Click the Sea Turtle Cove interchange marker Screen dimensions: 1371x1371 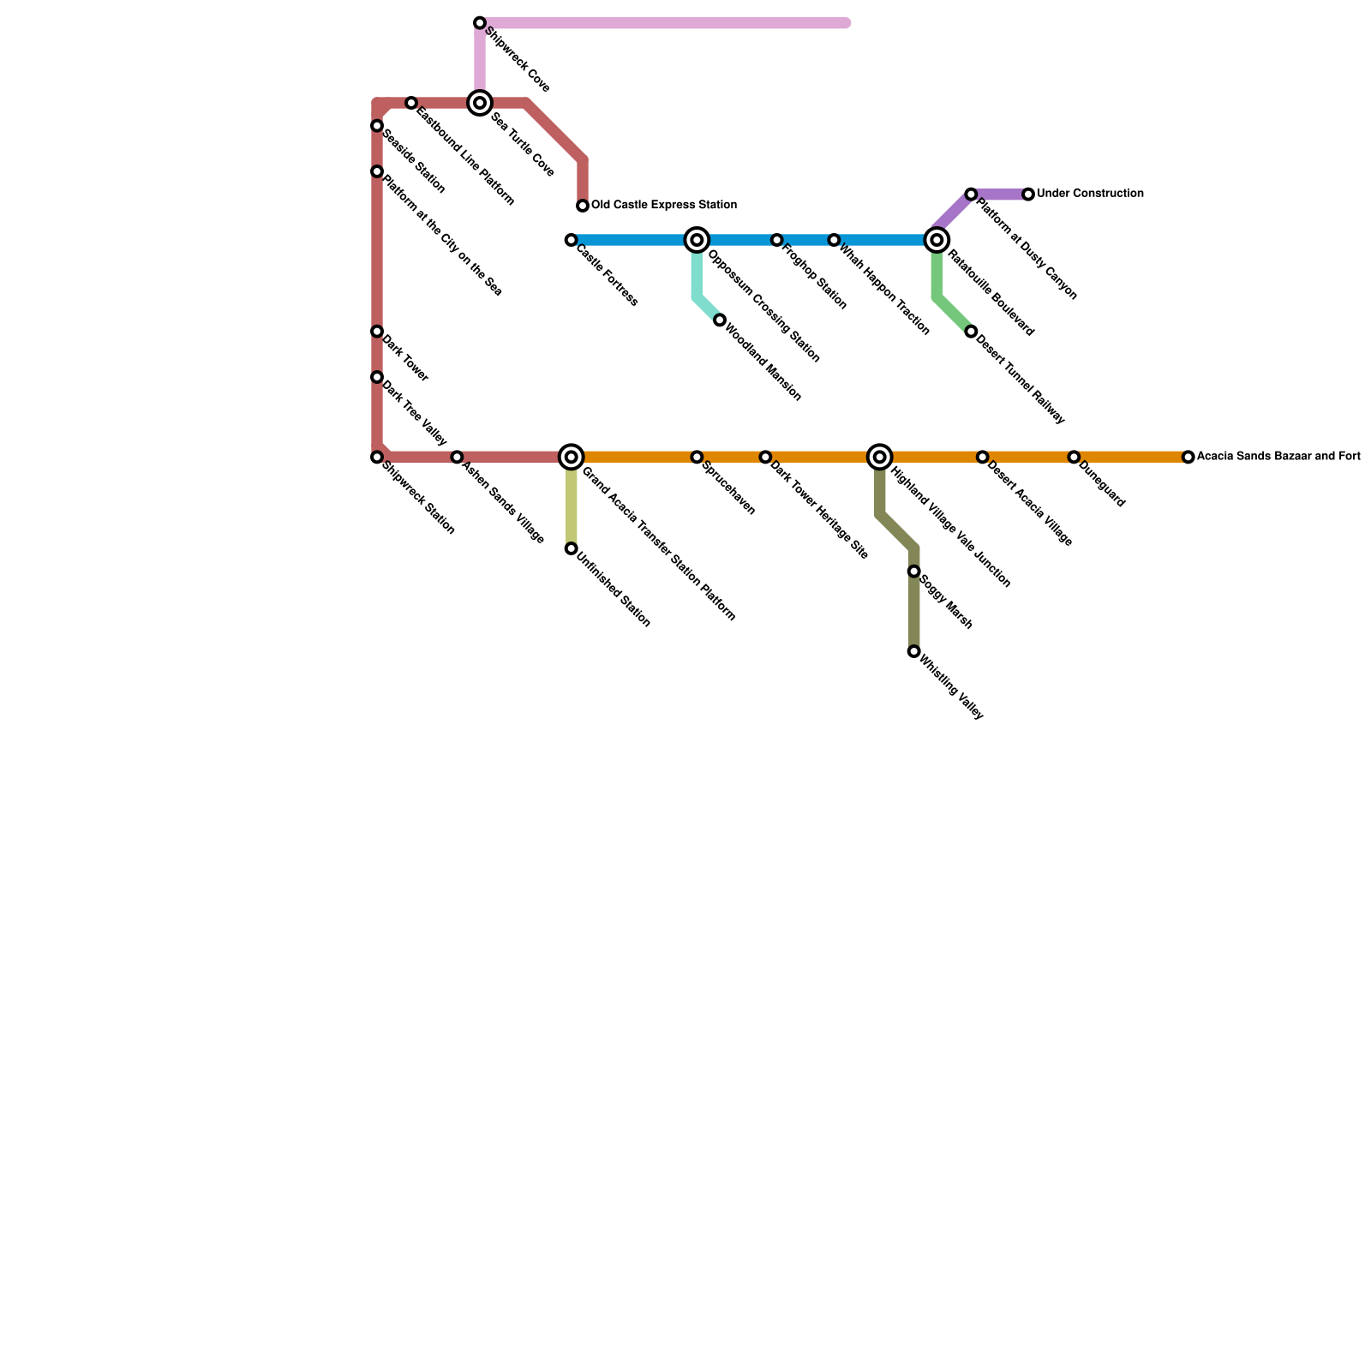[x=480, y=104]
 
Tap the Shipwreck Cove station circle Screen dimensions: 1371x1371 [x=480, y=23]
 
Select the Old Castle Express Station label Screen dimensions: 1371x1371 [x=663, y=206]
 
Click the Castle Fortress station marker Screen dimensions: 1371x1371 [x=571, y=241]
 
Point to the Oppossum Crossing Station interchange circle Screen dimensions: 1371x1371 [x=697, y=241]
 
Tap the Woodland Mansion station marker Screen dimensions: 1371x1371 [x=720, y=320]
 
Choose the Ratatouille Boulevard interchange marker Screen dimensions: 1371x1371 [x=937, y=241]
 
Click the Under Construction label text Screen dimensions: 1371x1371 [x=1090, y=195]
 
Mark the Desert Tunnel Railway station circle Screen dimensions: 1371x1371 [x=971, y=332]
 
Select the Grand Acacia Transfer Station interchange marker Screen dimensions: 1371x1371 [x=572, y=458]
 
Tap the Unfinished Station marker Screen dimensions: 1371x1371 [x=571, y=548]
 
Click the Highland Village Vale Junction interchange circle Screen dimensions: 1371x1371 [x=879, y=458]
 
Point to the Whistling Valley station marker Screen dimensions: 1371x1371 [x=914, y=652]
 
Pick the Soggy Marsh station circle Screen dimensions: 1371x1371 [x=914, y=572]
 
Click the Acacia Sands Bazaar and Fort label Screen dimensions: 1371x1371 [x=1278, y=457]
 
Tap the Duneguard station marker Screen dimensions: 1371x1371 [x=1074, y=458]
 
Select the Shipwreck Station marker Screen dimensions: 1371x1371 [x=377, y=458]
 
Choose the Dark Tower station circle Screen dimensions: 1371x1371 [x=377, y=332]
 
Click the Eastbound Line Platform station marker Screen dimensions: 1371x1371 [x=411, y=104]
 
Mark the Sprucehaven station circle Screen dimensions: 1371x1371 [x=697, y=458]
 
